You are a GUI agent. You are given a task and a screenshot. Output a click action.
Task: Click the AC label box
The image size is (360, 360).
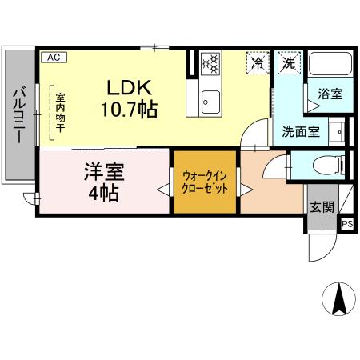[53, 58]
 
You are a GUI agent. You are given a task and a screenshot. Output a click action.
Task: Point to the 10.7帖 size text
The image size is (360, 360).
[129, 110]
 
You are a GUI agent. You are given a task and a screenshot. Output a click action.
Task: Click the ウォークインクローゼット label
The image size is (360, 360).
[206, 183]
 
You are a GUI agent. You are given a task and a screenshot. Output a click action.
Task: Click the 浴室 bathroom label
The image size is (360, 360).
[329, 94]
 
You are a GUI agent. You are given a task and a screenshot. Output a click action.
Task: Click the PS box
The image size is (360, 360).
[347, 225]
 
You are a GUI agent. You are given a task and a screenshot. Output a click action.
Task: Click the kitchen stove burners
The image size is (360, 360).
[210, 62]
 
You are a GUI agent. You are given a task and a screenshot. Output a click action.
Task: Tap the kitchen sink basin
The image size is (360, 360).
[210, 100]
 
